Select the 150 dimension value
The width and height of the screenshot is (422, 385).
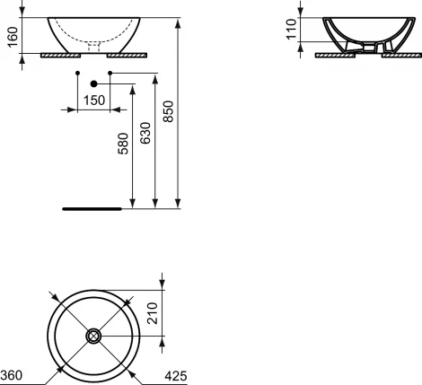tap(92, 101)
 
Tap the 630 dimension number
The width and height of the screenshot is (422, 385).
tap(145, 136)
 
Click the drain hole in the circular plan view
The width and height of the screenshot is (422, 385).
tap(92, 337)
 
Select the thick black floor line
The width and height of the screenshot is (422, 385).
tap(91, 207)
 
